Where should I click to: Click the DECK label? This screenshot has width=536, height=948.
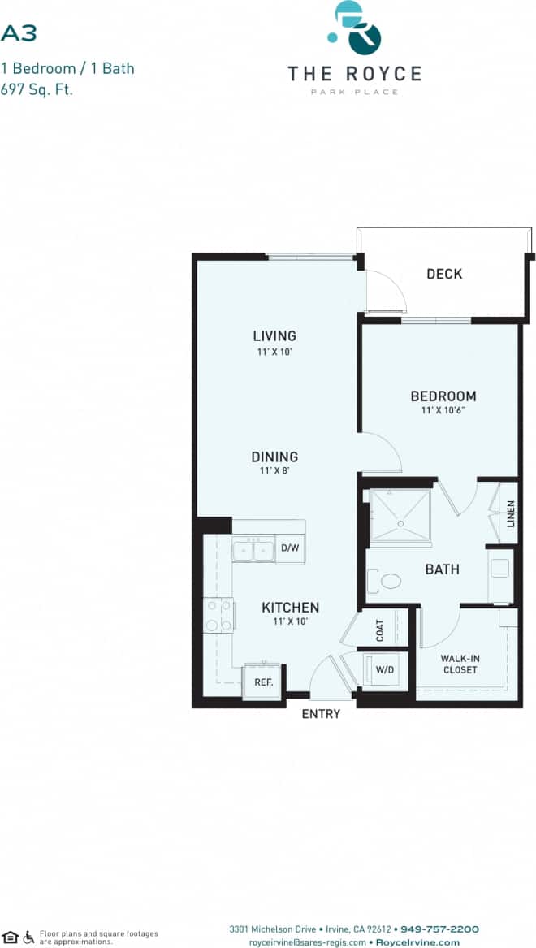[x=444, y=274]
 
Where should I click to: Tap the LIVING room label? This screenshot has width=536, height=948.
[x=274, y=335]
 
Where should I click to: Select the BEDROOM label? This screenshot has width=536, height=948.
[x=443, y=396]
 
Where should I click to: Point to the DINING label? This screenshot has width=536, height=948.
[x=274, y=457]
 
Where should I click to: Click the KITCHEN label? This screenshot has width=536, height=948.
[x=290, y=607]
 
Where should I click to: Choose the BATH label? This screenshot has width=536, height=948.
[x=442, y=569]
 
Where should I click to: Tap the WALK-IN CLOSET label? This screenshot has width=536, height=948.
[x=459, y=664]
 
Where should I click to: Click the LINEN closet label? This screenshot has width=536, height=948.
[x=510, y=513]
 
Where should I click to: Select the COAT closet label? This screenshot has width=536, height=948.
[x=379, y=630]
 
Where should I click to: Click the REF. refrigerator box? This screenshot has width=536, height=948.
[x=263, y=681]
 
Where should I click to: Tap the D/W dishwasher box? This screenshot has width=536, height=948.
[x=290, y=548]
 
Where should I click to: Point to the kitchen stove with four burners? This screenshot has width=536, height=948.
[x=218, y=614]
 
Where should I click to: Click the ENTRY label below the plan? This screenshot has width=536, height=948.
[x=321, y=714]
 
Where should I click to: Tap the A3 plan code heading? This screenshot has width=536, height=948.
[x=19, y=32]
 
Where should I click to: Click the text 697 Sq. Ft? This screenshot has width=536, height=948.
[x=37, y=89]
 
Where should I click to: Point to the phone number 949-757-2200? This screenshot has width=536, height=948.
[x=439, y=929]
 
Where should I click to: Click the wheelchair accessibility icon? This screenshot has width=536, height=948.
[x=29, y=937]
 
